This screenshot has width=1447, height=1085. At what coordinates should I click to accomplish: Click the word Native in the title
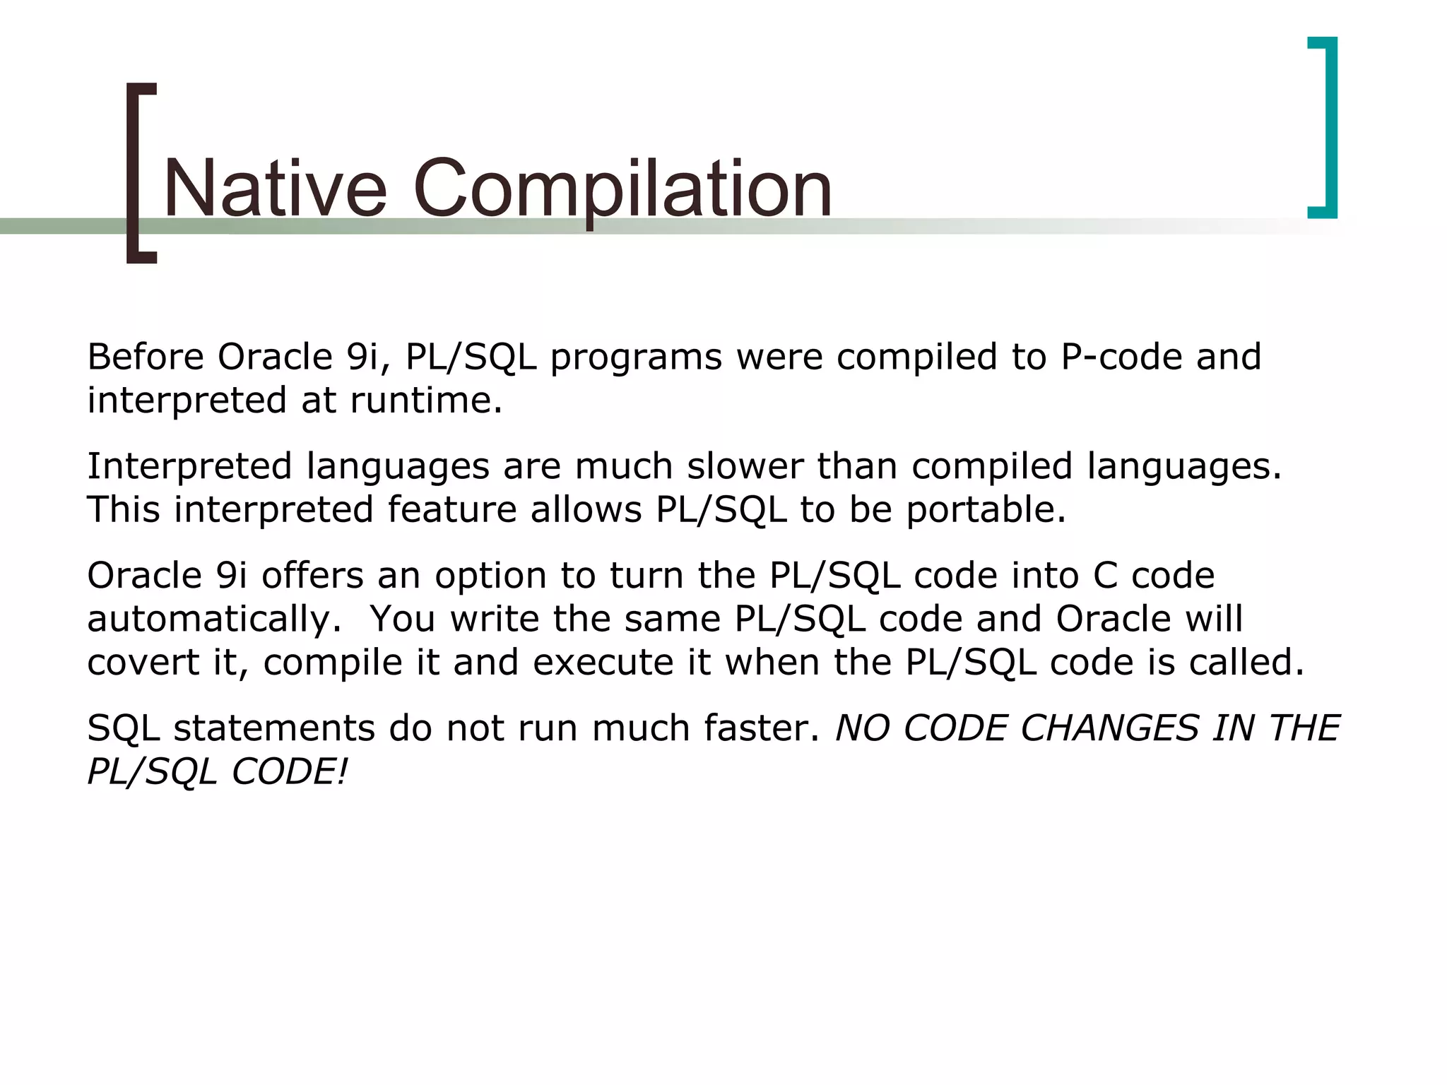(275, 189)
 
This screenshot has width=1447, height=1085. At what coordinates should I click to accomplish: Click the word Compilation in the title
(622, 189)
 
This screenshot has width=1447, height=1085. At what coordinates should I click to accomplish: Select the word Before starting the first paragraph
(145, 357)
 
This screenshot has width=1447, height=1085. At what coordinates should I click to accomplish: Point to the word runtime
(425, 401)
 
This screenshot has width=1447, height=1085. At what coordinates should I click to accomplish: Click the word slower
(745, 466)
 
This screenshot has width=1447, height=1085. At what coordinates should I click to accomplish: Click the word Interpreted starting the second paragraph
(189, 466)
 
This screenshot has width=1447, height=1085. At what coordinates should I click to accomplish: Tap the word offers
(312, 575)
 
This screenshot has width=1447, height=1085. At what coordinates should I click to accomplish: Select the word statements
(274, 728)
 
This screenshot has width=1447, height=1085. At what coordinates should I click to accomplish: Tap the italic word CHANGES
(1109, 728)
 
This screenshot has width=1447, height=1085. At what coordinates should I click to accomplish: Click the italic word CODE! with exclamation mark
(290, 771)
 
